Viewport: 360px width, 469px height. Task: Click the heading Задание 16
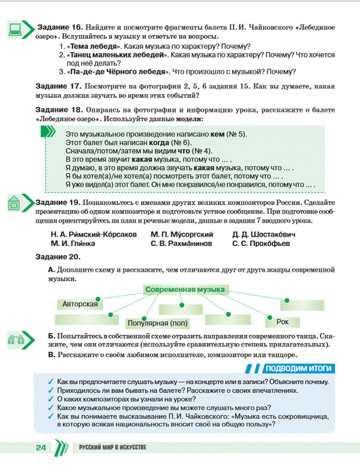point(60,27)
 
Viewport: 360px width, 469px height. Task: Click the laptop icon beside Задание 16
point(15,29)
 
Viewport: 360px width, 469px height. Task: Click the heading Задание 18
point(59,110)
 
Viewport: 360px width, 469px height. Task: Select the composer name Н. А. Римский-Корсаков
point(94,234)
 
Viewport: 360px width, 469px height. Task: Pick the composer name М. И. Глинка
point(73,244)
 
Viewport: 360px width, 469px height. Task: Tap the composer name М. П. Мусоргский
point(182,234)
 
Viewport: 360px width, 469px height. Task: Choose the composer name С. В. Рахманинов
point(181,244)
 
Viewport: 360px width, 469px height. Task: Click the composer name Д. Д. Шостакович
point(264,234)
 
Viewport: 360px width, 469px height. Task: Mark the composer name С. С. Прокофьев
point(261,244)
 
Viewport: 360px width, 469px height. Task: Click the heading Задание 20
point(58,257)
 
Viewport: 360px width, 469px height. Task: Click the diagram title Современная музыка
point(185,289)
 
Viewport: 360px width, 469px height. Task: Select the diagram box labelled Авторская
point(80,304)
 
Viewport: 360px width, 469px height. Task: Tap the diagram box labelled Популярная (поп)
point(157,323)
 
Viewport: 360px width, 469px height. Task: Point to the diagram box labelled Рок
point(283,322)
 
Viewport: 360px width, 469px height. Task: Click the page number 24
point(41,448)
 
